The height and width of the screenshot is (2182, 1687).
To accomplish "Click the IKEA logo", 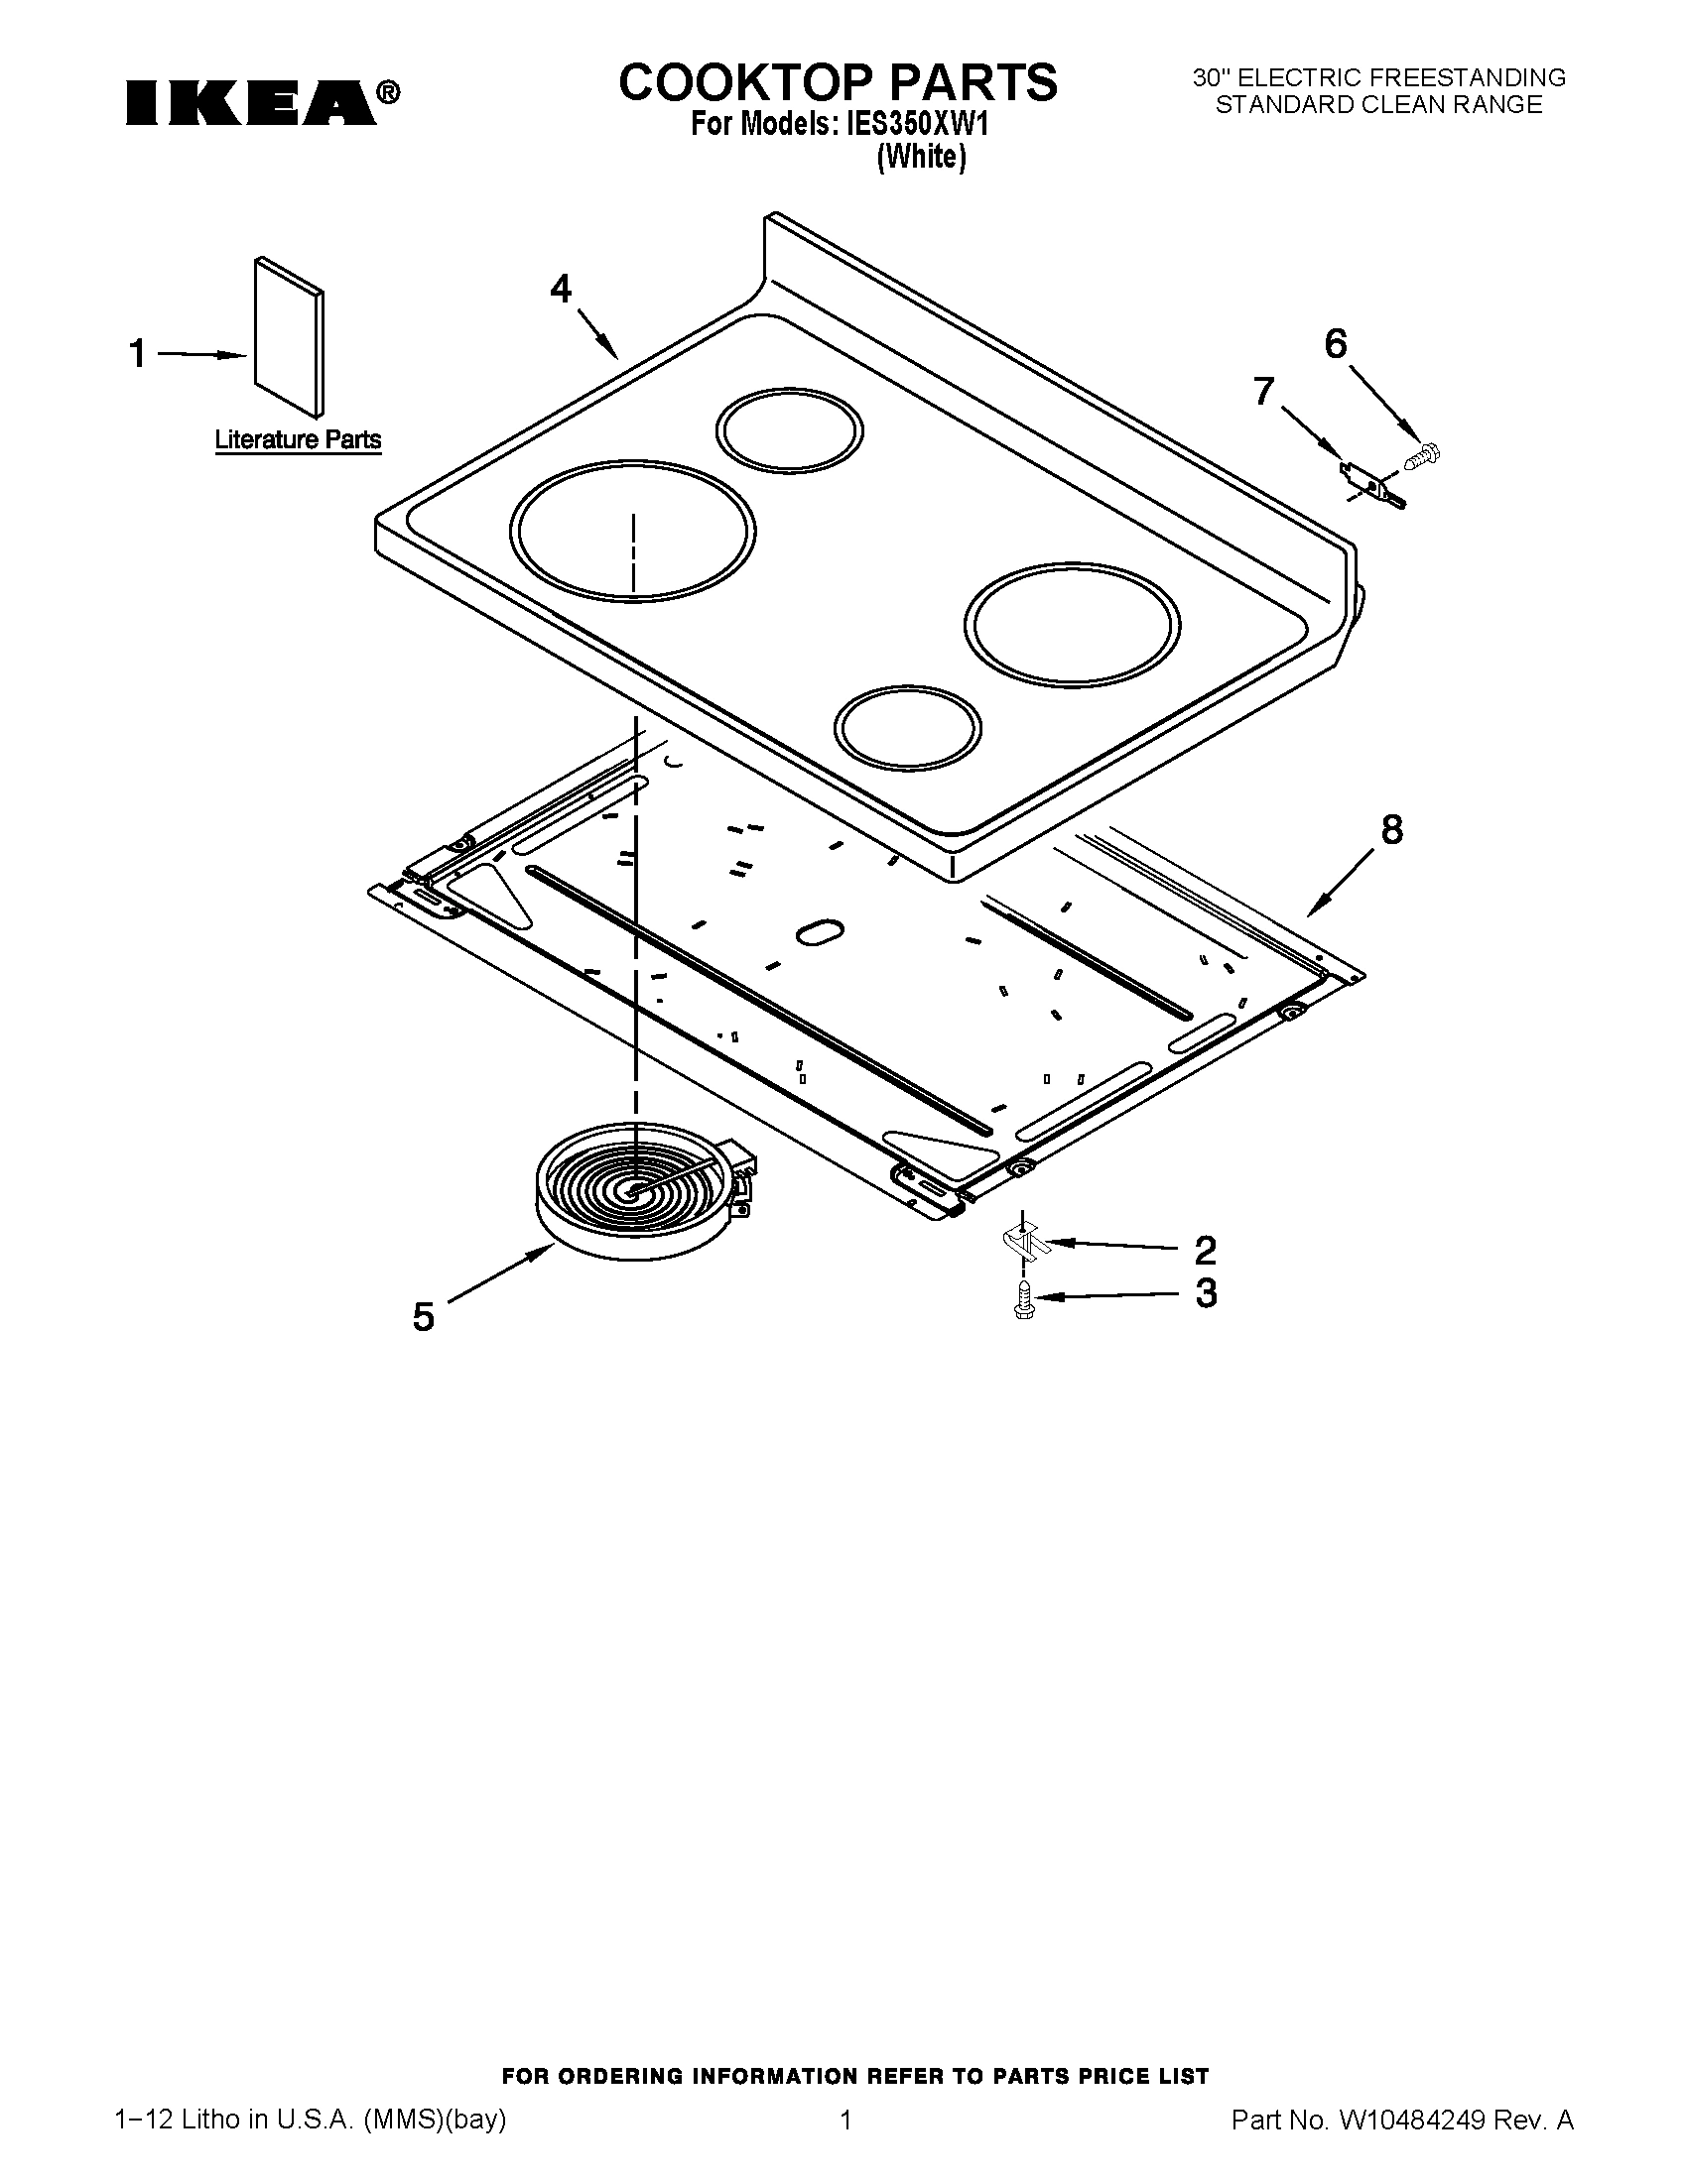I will (x=262, y=103).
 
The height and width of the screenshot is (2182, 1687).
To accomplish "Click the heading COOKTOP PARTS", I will (x=837, y=82).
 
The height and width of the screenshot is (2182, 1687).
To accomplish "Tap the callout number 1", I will (x=138, y=354).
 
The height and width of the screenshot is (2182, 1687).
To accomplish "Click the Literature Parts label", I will (x=298, y=439).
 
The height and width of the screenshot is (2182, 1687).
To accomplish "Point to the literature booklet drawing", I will (x=289, y=336).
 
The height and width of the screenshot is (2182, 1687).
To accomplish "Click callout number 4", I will (x=561, y=290).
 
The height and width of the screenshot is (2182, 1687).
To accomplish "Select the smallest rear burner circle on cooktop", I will (x=789, y=430).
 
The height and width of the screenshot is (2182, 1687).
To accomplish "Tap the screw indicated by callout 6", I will (x=1422, y=456).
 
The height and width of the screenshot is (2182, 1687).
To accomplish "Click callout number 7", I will (x=1264, y=392).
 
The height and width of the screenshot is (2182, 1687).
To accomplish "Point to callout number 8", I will (x=1391, y=830).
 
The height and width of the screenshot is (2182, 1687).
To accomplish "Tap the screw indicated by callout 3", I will (x=1022, y=1300).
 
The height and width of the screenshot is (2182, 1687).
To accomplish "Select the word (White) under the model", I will (x=921, y=158).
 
